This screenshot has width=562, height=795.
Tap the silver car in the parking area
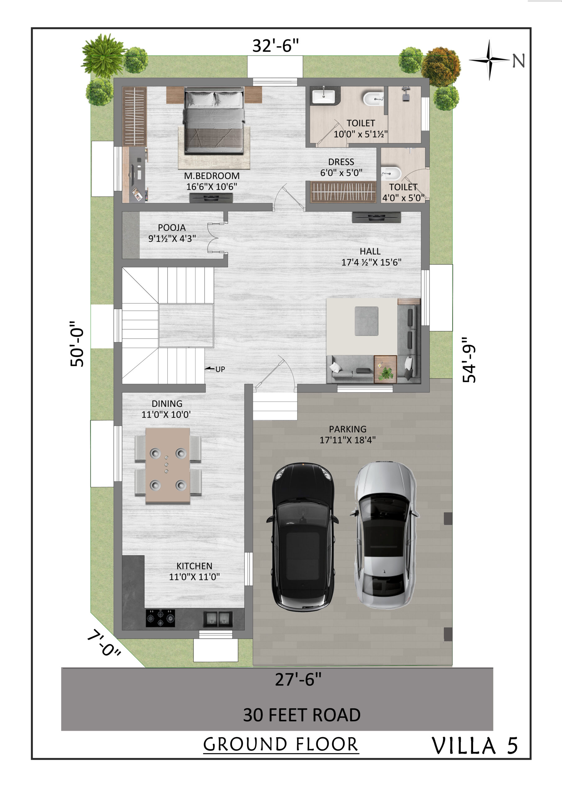(x=384, y=535)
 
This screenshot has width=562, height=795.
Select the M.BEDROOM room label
(x=211, y=176)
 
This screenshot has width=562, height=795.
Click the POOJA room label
(x=172, y=228)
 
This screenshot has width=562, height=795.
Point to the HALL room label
(x=370, y=251)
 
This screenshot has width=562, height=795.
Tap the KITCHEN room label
(x=194, y=566)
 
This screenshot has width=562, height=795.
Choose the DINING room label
(x=167, y=404)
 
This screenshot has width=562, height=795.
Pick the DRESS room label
(x=341, y=162)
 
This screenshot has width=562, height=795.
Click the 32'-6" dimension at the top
(x=275, y=46)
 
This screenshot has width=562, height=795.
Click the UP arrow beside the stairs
(x=210, y=369)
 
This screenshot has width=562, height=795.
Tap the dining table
(x=168, y=466)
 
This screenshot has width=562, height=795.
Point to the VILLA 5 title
(x=475, y=746)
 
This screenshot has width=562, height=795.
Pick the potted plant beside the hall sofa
(x=385, y=373)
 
